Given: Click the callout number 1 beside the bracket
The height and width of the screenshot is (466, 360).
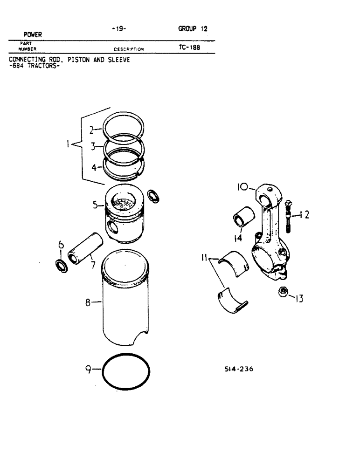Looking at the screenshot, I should point(69,145).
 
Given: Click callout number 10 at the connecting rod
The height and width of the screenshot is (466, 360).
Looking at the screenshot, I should point(241,188).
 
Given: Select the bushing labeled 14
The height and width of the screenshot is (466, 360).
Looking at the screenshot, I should point(244,217).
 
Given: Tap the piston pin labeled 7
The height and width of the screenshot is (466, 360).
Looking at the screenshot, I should point(82,247).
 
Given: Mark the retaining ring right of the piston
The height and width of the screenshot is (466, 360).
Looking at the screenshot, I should point(152,196).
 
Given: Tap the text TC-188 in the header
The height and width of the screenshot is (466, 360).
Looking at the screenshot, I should point(189,48).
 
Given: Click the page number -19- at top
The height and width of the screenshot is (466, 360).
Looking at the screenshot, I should point(119,28).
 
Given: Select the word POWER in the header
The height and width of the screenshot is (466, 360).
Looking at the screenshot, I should point(33,34).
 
